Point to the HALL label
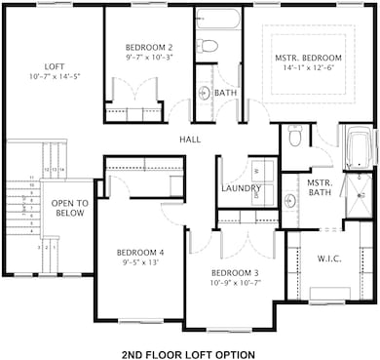(x=190, y=140)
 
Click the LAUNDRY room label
(x=241, y=188)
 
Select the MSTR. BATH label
(x=320, y=188)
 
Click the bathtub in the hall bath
(x=216, y=20)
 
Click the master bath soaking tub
(x=359, y=147)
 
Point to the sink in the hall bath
(x=204, y=94)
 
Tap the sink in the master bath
(x=290, y=201)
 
